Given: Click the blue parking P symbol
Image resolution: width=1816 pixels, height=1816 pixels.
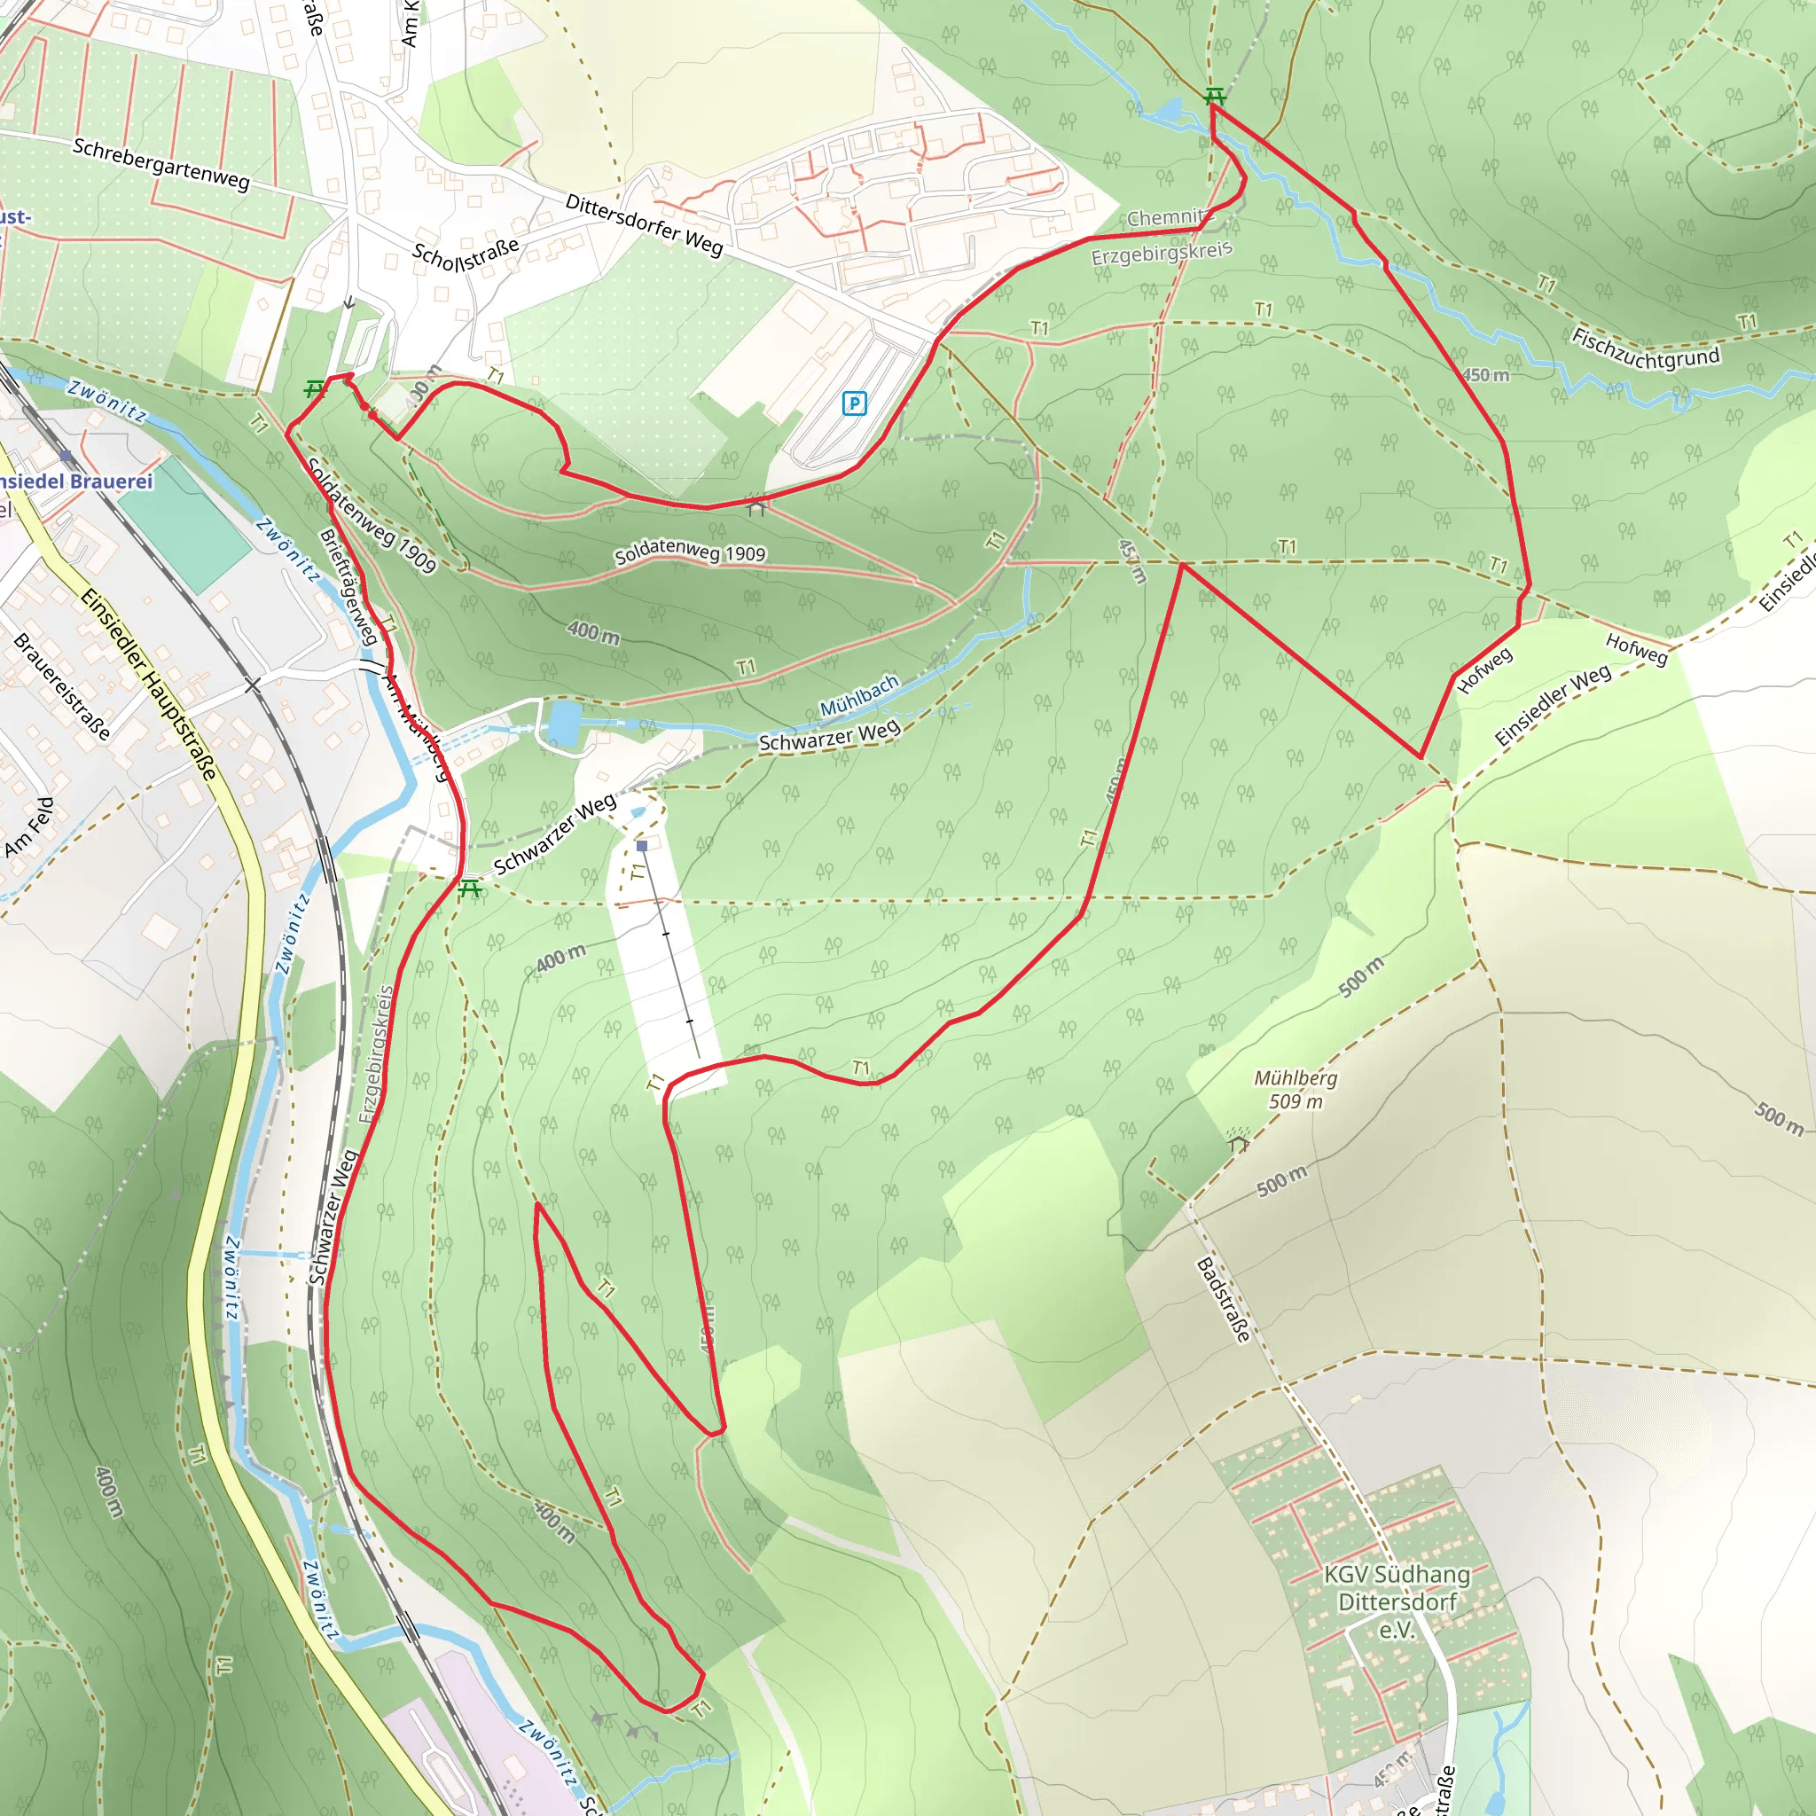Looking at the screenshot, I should tap(854, 403).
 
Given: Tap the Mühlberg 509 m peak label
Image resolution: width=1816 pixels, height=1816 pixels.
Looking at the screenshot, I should tap(1295, 1090).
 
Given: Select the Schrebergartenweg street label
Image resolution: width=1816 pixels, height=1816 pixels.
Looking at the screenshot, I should tap(160, 163).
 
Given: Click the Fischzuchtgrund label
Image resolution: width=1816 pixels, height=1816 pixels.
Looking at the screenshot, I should tap(1645, 349).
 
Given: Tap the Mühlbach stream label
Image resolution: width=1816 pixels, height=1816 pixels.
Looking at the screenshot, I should tap(859, 695).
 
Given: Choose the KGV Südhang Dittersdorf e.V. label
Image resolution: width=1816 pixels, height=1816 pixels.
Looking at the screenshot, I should tap(1397, 1601).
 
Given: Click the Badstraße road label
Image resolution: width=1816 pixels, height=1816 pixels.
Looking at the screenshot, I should tap(1224, 1300).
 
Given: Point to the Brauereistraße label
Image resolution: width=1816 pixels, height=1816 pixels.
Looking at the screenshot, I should tap(62, 685).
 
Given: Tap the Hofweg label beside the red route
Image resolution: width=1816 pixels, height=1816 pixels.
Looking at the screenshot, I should tap(1484, 670).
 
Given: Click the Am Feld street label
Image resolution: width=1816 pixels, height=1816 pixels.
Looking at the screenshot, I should tap(30, 827).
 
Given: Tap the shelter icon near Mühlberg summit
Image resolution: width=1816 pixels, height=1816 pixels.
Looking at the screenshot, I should tap(1238, 1142).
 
